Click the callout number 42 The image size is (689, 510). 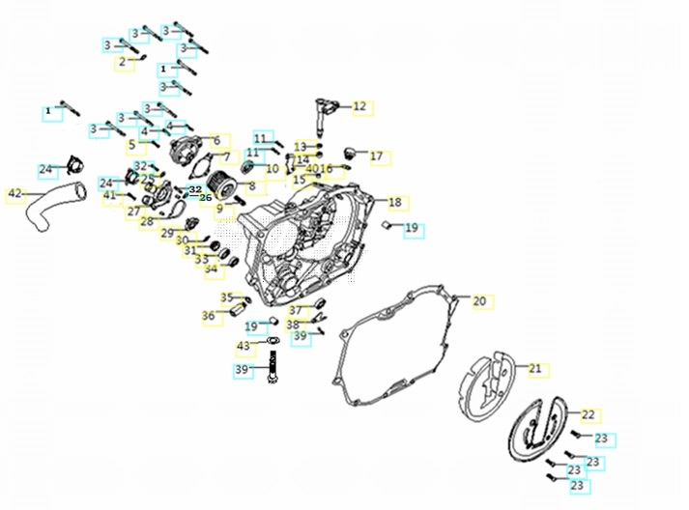coord(14,194)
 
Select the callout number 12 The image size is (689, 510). coord(359,106)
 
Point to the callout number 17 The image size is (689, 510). coord(376,156)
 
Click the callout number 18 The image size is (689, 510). coord(394,202)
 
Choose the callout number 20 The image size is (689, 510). coord(479,301)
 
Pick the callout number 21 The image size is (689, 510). coord(534,368)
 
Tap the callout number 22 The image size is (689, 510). coord(588,414)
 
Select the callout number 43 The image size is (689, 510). coord(244,346)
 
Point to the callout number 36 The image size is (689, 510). coord(208,315)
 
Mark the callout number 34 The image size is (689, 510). coord(211,269)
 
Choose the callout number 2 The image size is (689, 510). coord(123,62)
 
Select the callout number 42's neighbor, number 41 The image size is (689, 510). coord(109,195)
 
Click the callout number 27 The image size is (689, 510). coord(133,211)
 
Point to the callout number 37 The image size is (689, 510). coord(295,310)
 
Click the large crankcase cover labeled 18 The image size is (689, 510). coord(309,241)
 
